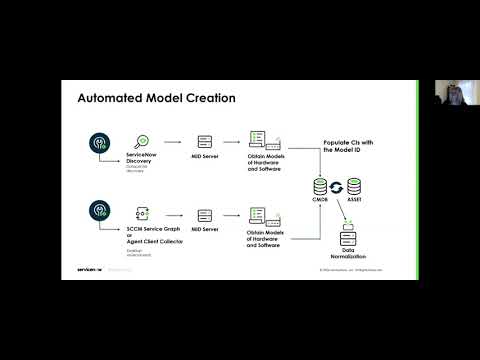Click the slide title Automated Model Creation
(156, 99)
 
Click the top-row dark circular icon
(98, 142)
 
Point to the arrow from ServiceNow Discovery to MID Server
(172, 143)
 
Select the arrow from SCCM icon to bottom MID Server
(172, 214)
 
